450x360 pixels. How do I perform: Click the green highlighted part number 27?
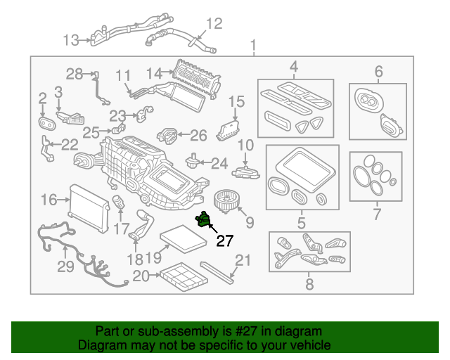(203, 219)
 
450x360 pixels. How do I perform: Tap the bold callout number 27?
(225, 241)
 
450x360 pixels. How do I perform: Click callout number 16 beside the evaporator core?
(49, 200)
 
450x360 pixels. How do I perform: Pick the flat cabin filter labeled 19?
(184, 239)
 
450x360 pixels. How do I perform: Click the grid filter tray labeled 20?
(184, 276)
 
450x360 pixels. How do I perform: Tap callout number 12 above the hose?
(214, 24)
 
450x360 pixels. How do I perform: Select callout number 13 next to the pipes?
(70, 40)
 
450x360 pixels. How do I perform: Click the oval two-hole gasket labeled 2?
(46, 124)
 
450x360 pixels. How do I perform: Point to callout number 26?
(198, 136)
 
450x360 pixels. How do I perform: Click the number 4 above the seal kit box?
(294, 67)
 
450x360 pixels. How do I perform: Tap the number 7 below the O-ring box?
(377, 214)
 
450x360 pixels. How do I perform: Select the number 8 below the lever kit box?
(309, 284)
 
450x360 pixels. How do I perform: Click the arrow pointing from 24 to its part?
(205, 163)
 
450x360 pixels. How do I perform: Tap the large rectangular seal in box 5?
(305, 167)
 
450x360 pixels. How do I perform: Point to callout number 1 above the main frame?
(253, 45)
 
